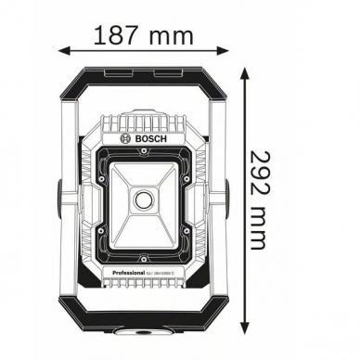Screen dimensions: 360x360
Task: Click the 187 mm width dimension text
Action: [143, 35]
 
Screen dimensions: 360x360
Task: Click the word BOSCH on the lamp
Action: [148, 136]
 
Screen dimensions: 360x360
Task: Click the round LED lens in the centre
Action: [144, 200]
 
